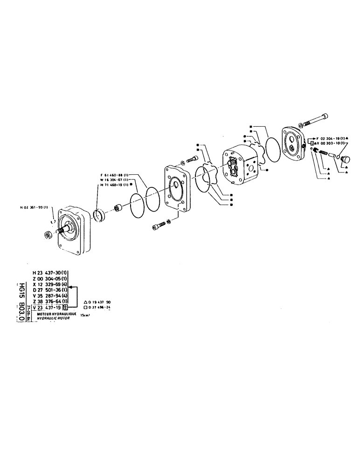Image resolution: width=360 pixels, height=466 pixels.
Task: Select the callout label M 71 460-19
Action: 114,185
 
